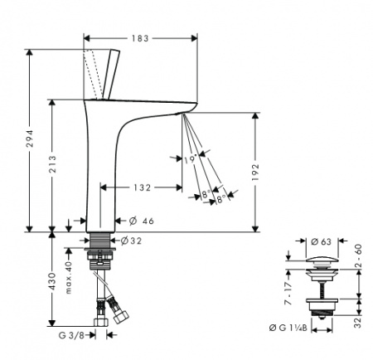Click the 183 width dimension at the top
[140, 38]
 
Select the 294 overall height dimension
[30, 139]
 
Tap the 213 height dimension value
[52, 164]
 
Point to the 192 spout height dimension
[255, 172]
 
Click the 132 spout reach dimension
[143, 187]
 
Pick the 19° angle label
[191, 158]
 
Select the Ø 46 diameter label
[142, 221]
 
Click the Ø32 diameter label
[131, 241]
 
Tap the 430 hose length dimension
[52, 281]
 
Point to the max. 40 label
[69, 277]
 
